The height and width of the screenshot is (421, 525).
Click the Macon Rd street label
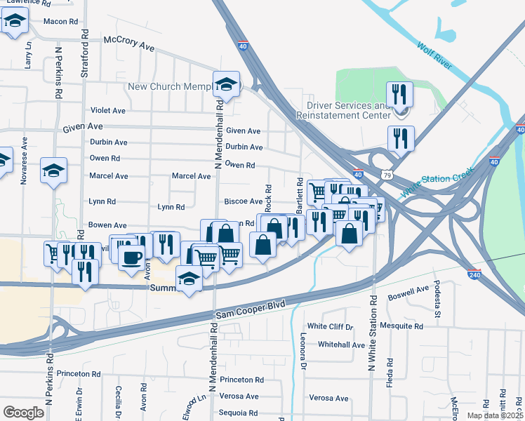click(60, 21)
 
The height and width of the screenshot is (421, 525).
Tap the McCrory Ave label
click(128, 44)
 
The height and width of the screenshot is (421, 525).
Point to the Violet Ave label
click(108, 110)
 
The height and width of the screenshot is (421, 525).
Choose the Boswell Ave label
click(413, 290)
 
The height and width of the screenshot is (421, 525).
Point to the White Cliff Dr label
click(331, 326)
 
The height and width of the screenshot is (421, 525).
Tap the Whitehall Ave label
click(341, 345)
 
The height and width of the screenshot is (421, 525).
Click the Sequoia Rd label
click(238, 413)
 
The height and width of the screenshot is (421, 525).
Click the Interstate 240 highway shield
click(475, 276)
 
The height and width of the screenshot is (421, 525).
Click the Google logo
click(23, 413)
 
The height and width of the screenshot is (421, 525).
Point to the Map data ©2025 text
click(495, 415)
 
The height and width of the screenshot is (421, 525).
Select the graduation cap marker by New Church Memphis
click(227, 85)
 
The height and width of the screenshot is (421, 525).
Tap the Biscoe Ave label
click(243, 201)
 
